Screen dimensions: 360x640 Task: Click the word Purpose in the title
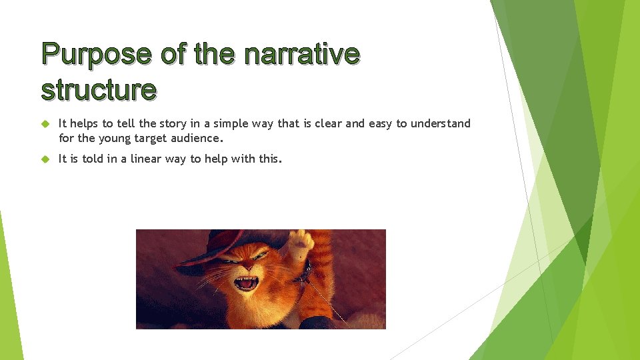pos(95,54)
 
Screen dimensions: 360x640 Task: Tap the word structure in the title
pos(99,89)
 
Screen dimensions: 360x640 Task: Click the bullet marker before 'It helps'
pos(45,124)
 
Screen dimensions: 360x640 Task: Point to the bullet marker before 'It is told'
pos(45,159)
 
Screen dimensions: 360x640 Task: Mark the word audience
pos(199,139)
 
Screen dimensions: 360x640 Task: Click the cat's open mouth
pos(245,283)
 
